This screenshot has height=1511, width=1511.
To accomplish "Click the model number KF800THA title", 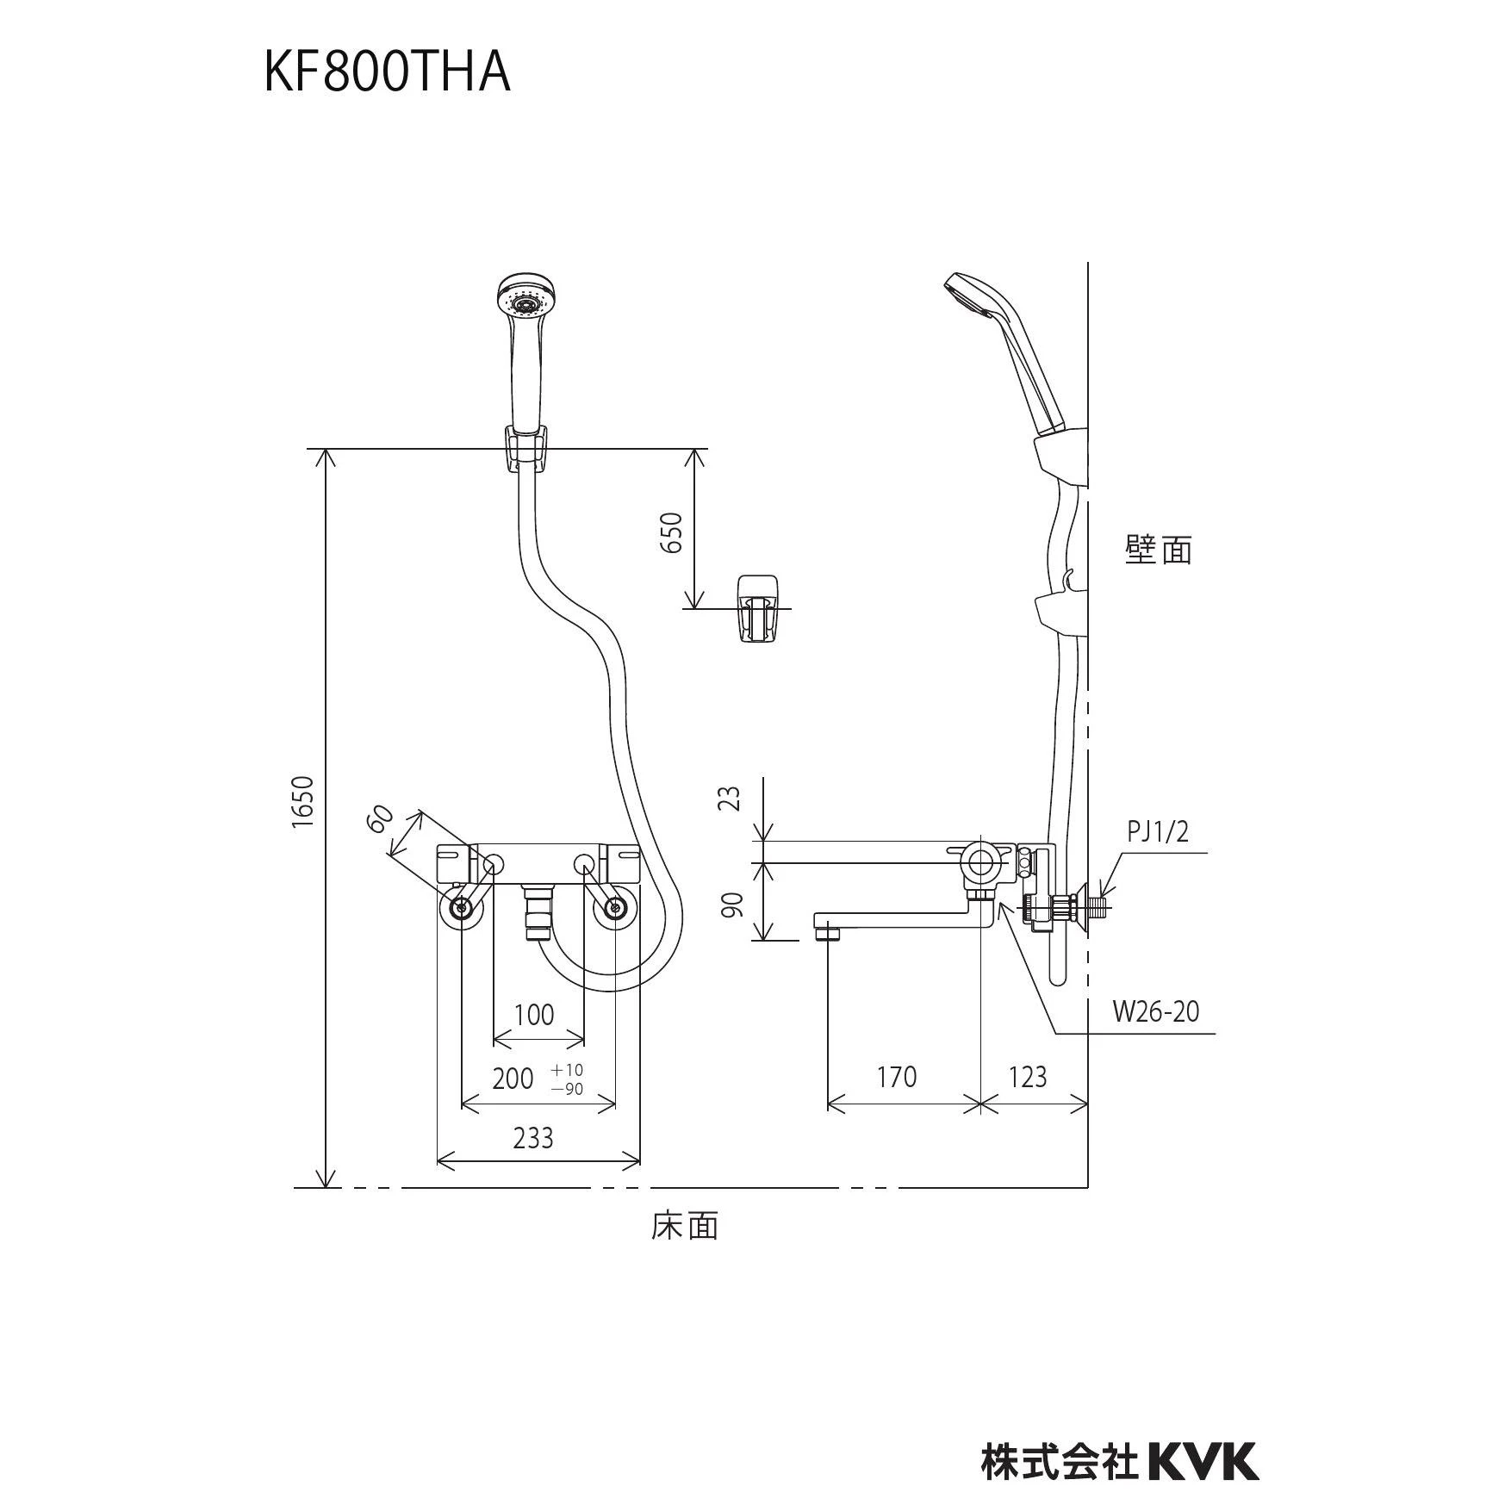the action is tap(387, 73).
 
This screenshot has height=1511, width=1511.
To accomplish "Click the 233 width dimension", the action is tap(532, 1138).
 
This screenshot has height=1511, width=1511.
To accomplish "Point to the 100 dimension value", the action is tap(534, 1014).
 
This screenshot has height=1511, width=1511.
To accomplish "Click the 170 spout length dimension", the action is tap(897, 1076).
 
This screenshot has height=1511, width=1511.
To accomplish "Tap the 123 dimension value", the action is tap(1026, 1076).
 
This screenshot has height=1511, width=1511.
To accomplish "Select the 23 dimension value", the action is tap(730, 799).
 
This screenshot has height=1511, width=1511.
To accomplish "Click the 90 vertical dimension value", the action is tap(731, 904).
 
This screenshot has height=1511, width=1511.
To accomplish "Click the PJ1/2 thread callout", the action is tap(1157, 831).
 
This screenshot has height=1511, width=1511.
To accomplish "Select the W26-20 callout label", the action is tap(1155, 1010).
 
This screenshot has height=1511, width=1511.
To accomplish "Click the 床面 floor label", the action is tap(684, 1225).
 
